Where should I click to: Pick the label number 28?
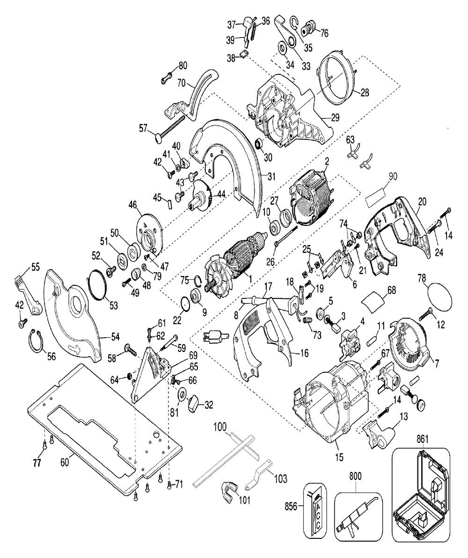click(x=365, y=93)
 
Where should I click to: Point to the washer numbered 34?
click(x=284, y=48)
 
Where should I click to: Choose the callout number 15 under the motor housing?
click(x=339, y=457)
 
